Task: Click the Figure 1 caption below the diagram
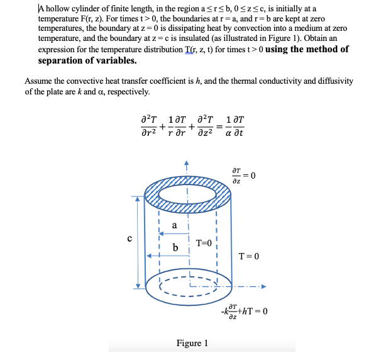click(192, 343)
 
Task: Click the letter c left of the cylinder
click(129, 238)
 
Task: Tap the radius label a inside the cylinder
click(174, 225)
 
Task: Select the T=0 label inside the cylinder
click(206, 243)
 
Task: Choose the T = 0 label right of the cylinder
click(249, 256)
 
